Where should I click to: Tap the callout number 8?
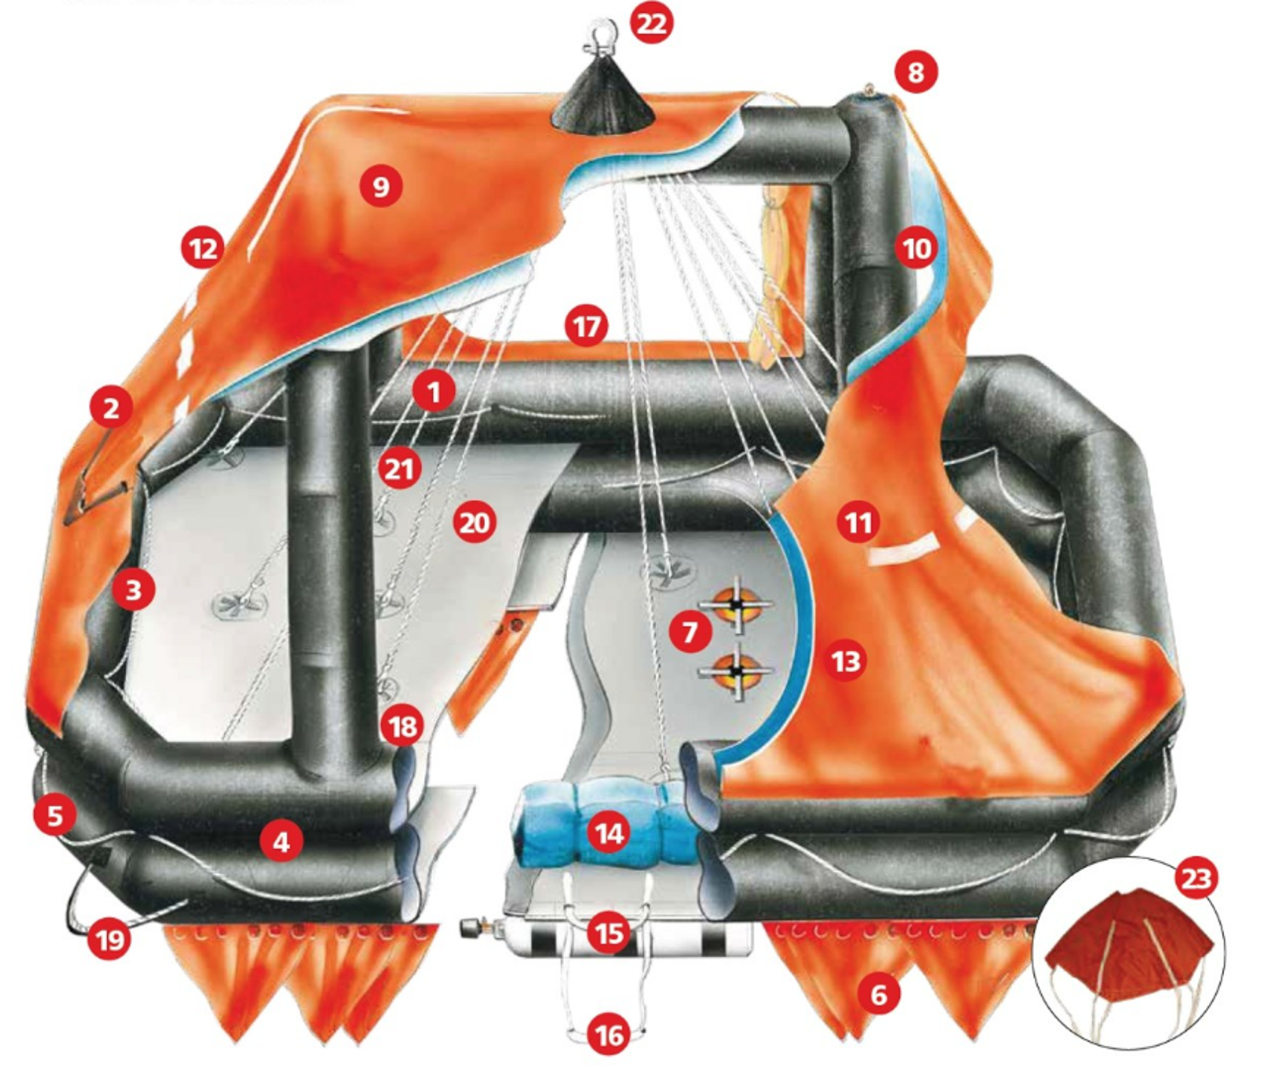tap(916, 72)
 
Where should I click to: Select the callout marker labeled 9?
tap(381, 186)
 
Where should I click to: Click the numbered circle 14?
tap(609, 833)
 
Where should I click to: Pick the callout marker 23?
tap(1196, 878)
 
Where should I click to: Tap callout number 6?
tap(879, 995)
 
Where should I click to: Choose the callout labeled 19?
tap(110, 940)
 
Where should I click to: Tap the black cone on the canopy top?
tap(603, 102)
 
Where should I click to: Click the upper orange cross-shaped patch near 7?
tap(735, 605)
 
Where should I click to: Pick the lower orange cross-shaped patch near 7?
tap(737, 671)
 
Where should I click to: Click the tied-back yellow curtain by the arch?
tap(771, 279)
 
